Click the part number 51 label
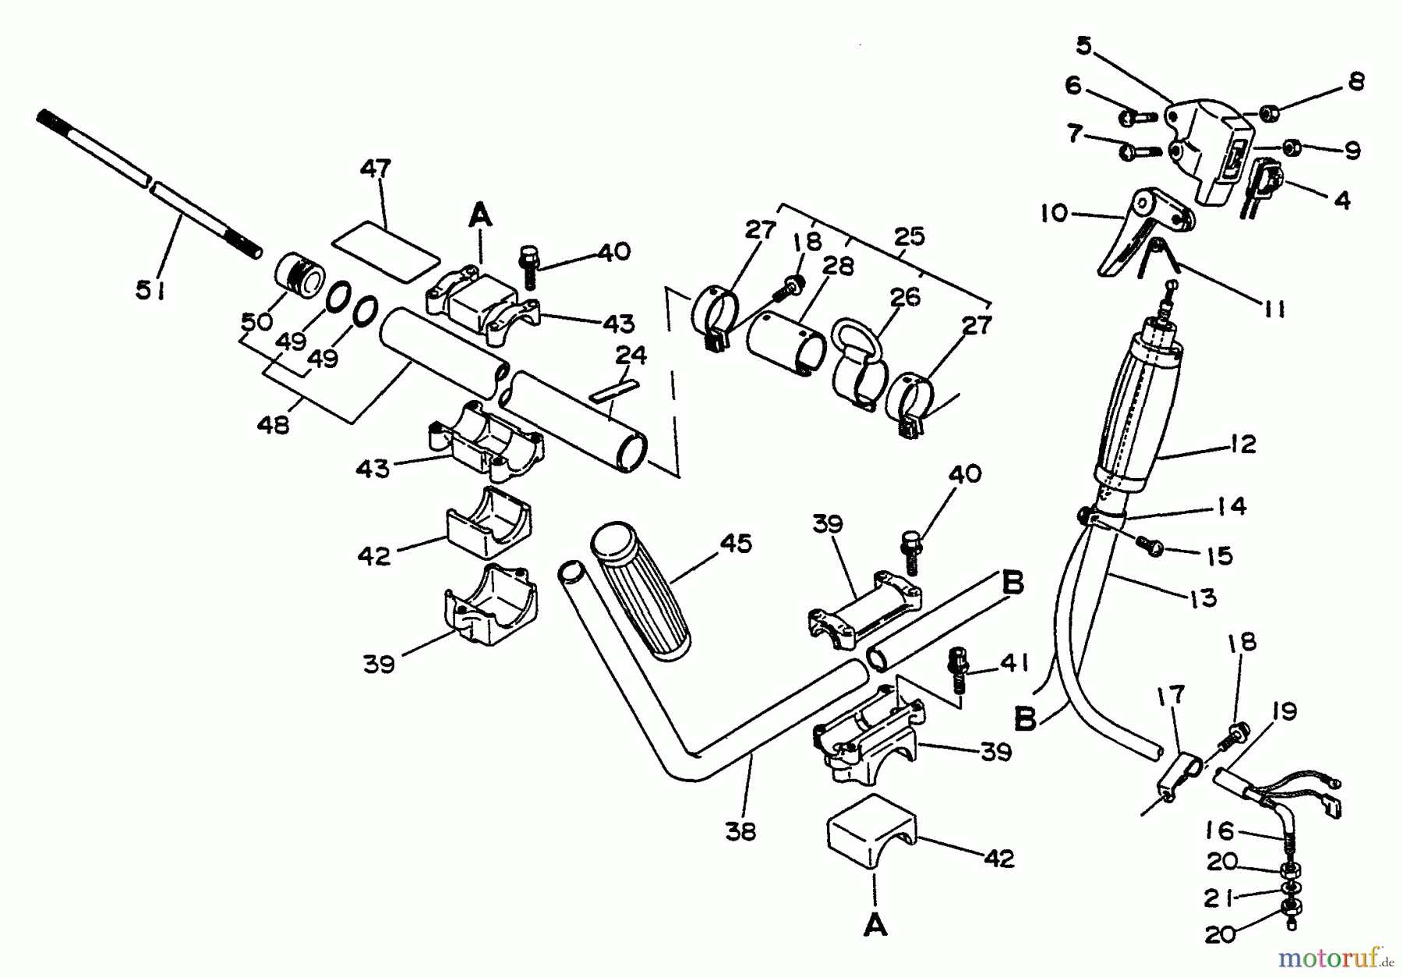tap(150, 291)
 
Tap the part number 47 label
tap(376, 169)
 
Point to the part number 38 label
tap(740, 831)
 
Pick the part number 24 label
tap(631, 355)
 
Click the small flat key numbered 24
tap(613, 391)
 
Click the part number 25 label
tap(909, 236)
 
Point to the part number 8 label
tap(1356, 82)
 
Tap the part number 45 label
tap(736, 544)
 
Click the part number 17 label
tap(1172, 694)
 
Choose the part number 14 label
tap(1231, 506)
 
